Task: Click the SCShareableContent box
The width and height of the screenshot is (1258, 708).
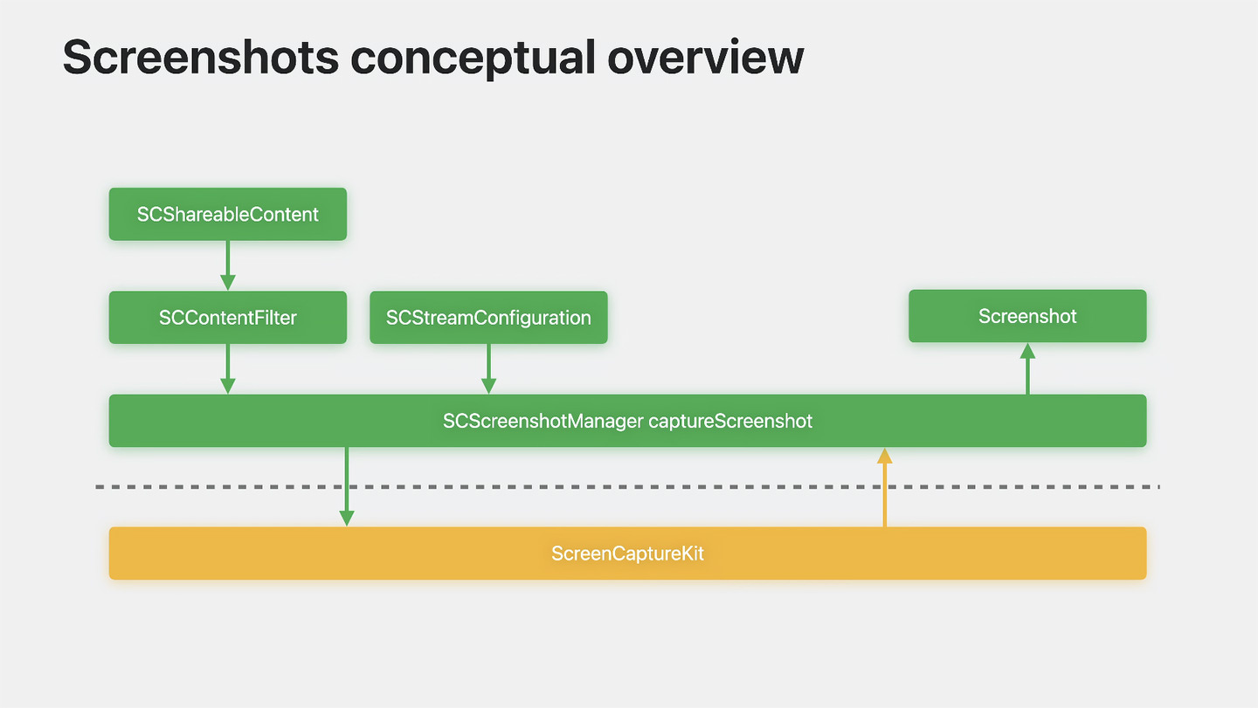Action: tap(227, 214)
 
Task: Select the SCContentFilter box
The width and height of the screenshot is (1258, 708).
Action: tap(227, 317)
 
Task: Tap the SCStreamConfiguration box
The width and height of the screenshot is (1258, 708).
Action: tap(488, 317)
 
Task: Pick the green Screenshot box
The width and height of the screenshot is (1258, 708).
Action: tap(1027, 316)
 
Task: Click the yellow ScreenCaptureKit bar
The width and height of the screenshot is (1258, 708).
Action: tap(627, 553)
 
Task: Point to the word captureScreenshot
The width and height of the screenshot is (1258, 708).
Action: tap(730, 421)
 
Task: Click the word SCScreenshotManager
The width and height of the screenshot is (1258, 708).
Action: tap(543, 421)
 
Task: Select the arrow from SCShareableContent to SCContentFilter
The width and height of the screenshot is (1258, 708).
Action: tap(227, 265)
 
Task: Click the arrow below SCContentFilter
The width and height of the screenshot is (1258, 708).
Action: tap(227, 369)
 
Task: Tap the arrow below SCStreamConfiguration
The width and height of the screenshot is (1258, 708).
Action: tap(488, 369)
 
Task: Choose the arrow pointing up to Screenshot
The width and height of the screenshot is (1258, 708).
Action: tap(1027, 368)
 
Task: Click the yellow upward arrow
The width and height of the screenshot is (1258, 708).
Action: tap(884, 487)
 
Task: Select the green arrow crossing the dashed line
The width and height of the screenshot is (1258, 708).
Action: tap(347, 487)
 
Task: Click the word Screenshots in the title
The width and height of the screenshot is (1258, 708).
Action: tap(201, 57)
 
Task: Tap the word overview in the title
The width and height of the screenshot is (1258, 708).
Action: tap(705, 57)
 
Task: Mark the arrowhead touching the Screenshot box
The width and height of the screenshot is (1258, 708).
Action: tap(1027, 351)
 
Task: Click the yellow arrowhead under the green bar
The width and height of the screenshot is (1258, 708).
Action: tap(884, 456)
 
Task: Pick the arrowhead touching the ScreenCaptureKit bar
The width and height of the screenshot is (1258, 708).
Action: tap(347, 519)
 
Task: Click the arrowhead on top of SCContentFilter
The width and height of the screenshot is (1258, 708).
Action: tap(227, 283)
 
